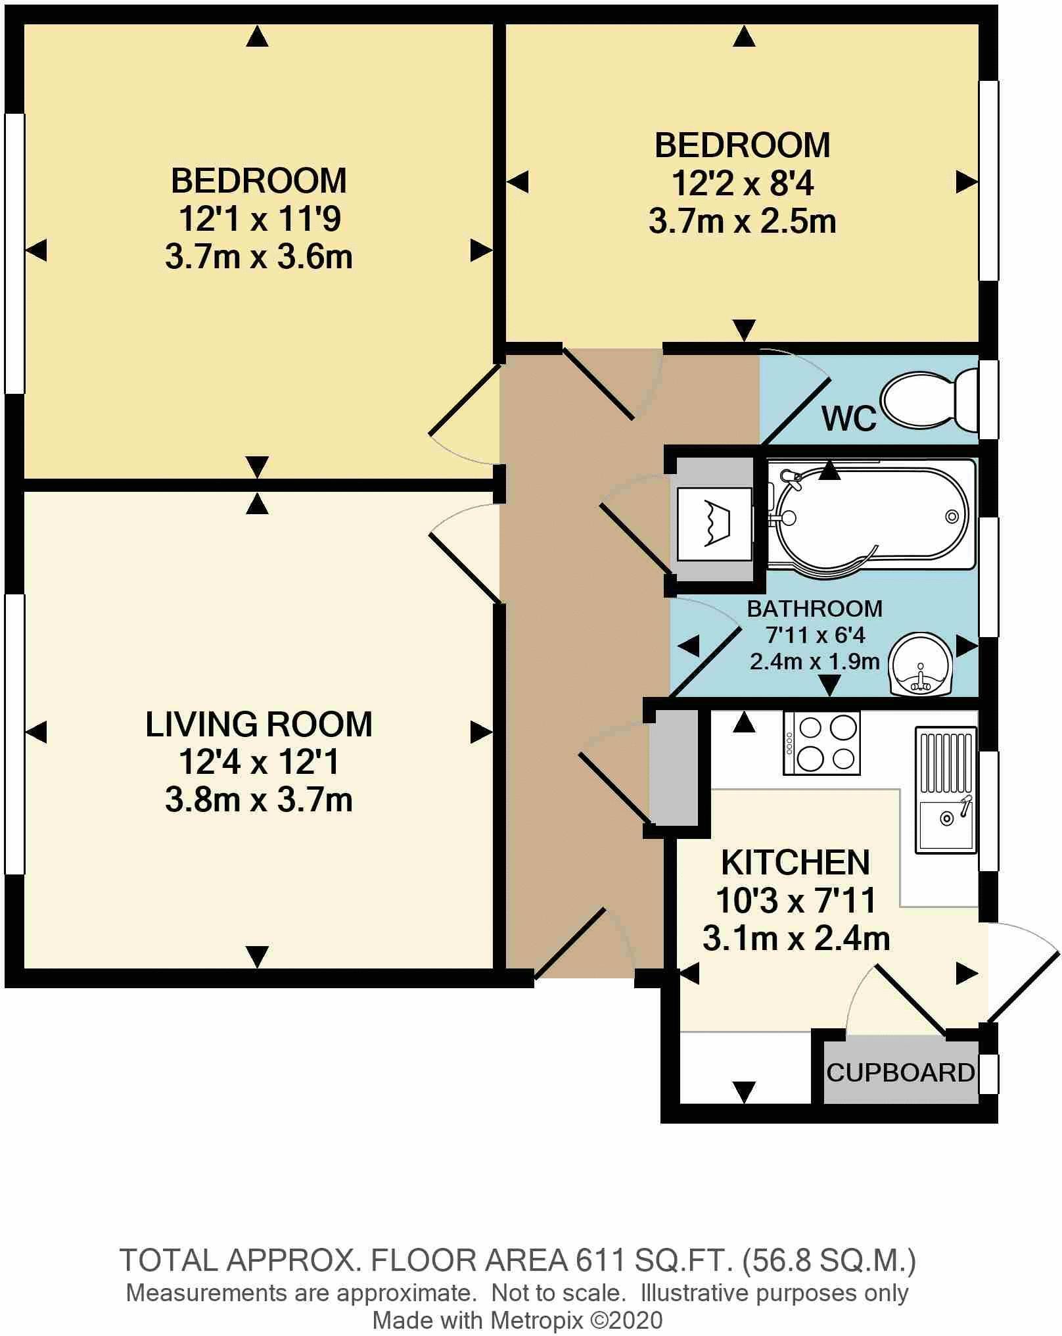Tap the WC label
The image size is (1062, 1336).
[848, 418]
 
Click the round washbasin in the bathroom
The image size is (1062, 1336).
[920, 663]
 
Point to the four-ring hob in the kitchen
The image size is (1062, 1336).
[821, 744]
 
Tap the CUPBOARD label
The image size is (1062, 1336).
[900, 1072]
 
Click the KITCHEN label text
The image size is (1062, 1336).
[795, 863]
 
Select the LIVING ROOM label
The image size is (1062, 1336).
[258, 725]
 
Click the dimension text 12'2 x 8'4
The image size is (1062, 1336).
[742, 184]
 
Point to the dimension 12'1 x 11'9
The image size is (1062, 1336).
[258, 219]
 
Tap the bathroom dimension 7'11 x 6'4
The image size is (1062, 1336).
[814, 635]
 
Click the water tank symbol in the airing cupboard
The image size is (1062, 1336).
[715, 524]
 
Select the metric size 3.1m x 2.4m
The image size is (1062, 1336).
[796, 938]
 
